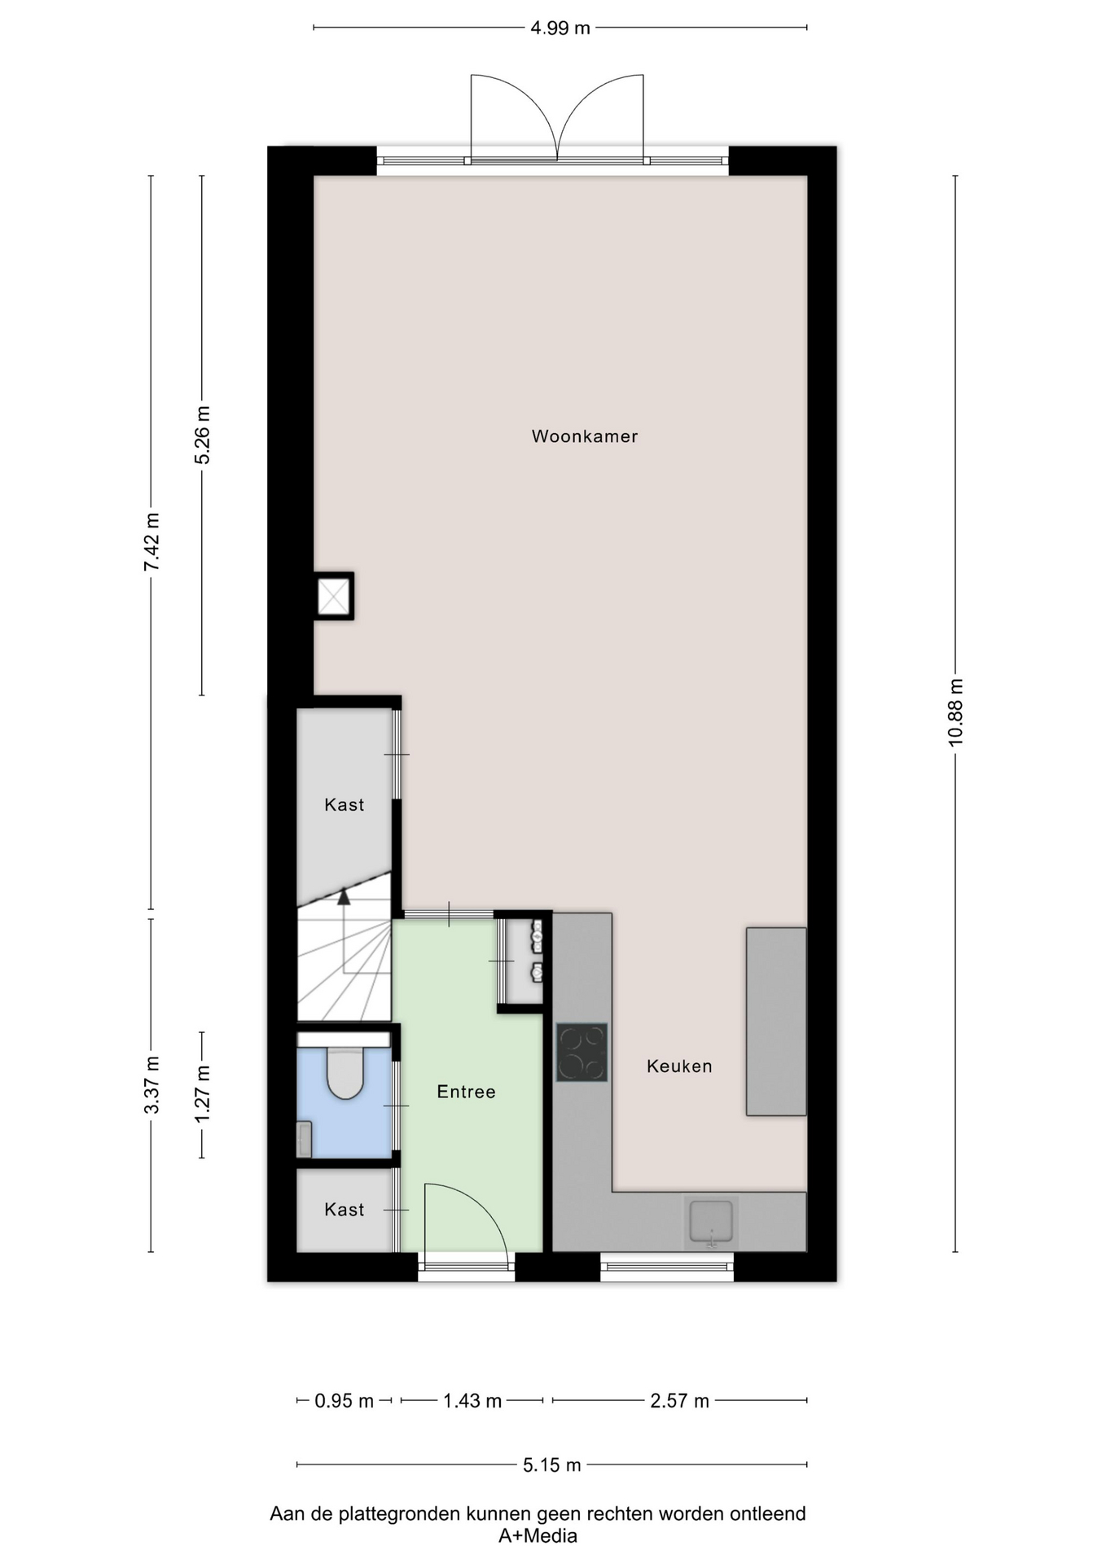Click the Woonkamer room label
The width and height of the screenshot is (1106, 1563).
(x=584, y=436)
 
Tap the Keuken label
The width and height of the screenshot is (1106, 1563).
(x=679, y=1066)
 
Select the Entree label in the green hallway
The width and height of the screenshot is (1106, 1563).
(x=466, y=1092)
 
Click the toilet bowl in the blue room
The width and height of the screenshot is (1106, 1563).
(x=345, y=1073)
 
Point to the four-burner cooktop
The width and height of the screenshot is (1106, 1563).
(x=582, y=1052)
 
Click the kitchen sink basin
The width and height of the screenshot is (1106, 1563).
(x=711, y=1221)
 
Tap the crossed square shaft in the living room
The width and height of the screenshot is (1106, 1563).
(x=334, y=597)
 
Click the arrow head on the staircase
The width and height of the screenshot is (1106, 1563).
(x=344, y=896)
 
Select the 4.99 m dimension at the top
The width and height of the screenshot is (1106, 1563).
(x=560, y=28)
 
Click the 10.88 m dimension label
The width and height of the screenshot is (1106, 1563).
(x=955, y=711)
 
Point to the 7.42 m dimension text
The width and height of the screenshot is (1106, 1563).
(x=151, y=541)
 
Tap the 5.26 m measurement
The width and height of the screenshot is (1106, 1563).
(x=202, y=435)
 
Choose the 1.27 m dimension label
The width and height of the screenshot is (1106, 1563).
(x=202, y=1094)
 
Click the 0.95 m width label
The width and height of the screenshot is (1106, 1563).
(x=344, y=1401)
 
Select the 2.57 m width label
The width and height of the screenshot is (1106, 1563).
(x=679, y=1401)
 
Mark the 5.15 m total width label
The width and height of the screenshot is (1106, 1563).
(x=552, y=1465)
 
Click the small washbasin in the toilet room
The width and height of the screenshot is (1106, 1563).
(x=304, y=1138)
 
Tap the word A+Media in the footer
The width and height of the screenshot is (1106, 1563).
(x=538, y=1536)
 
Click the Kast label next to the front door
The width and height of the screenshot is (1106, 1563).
(x=344, y=1210)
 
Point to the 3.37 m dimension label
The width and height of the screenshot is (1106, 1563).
(x=151, y=1085)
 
